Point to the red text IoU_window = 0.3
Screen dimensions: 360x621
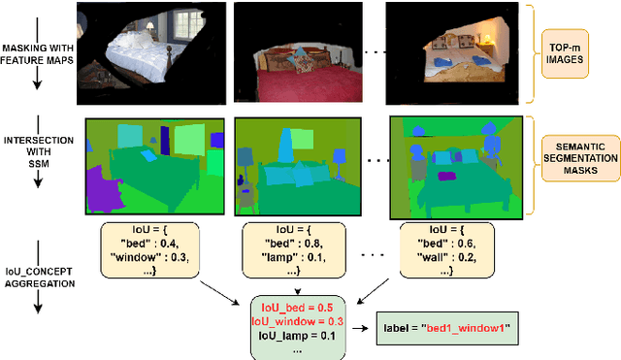[x=297, y=321]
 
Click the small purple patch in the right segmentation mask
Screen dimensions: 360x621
[x=447, y=176]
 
